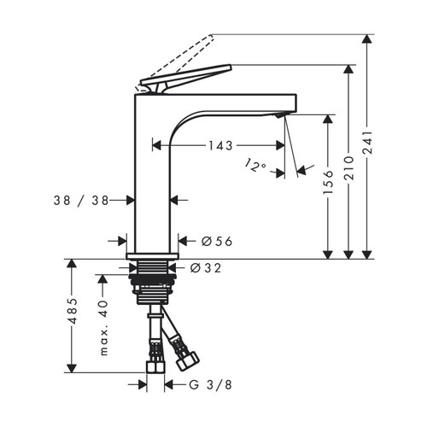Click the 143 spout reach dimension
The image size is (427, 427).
[x=219, y=145]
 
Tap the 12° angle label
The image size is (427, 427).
[x=254, y=164]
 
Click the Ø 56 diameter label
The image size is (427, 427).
[x=217, y=242]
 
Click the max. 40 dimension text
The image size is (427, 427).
[x=103, y=328]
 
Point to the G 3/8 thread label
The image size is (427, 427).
[x=211, y=385]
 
